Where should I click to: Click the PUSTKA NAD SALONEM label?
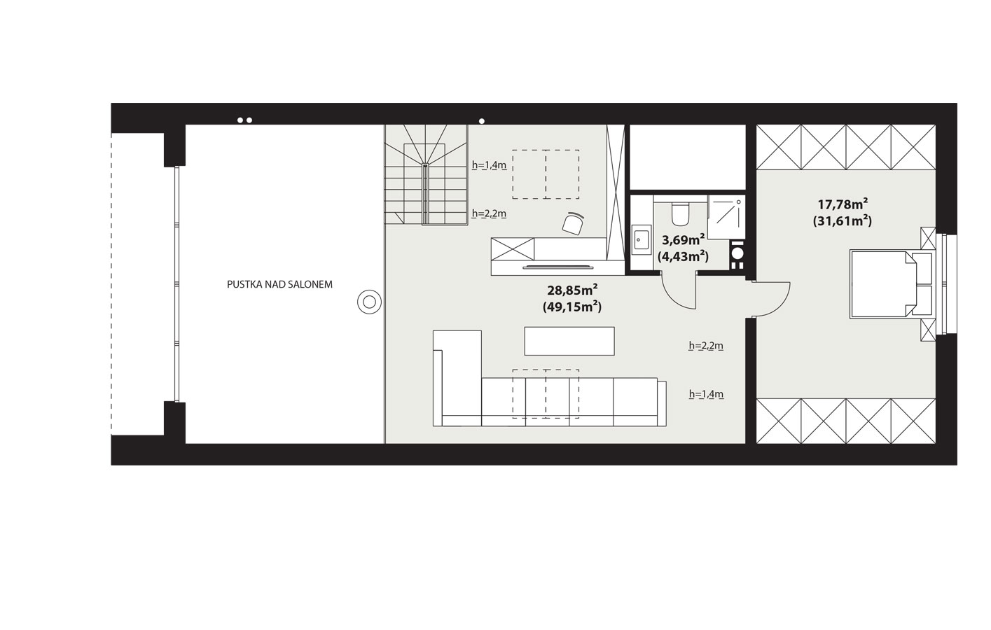(x=279, y=284)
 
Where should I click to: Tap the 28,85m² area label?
(x=572, y=290)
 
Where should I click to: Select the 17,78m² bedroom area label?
(x=843, y=204)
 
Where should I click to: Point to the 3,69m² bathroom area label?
(x=683, y=240)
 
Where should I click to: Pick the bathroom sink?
(x=641, y=239)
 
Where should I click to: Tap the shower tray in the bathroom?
(x=726, y=217)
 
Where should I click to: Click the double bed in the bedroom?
(x=891, y=284)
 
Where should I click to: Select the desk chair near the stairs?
(x=574, y=223)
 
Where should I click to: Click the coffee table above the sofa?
(x=569, y=341)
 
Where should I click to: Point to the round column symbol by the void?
(x=369, y=302)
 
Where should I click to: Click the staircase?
(x=425, y=174)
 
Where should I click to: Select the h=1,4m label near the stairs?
(x=489, y=165)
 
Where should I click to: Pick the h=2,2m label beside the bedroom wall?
(x=706, y=346)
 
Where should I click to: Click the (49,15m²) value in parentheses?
(x=572, y=307)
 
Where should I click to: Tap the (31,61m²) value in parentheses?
(x=843, y=220)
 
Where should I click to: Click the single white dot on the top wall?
(x=482, y=121)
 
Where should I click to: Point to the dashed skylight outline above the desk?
(x=546, y=174)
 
